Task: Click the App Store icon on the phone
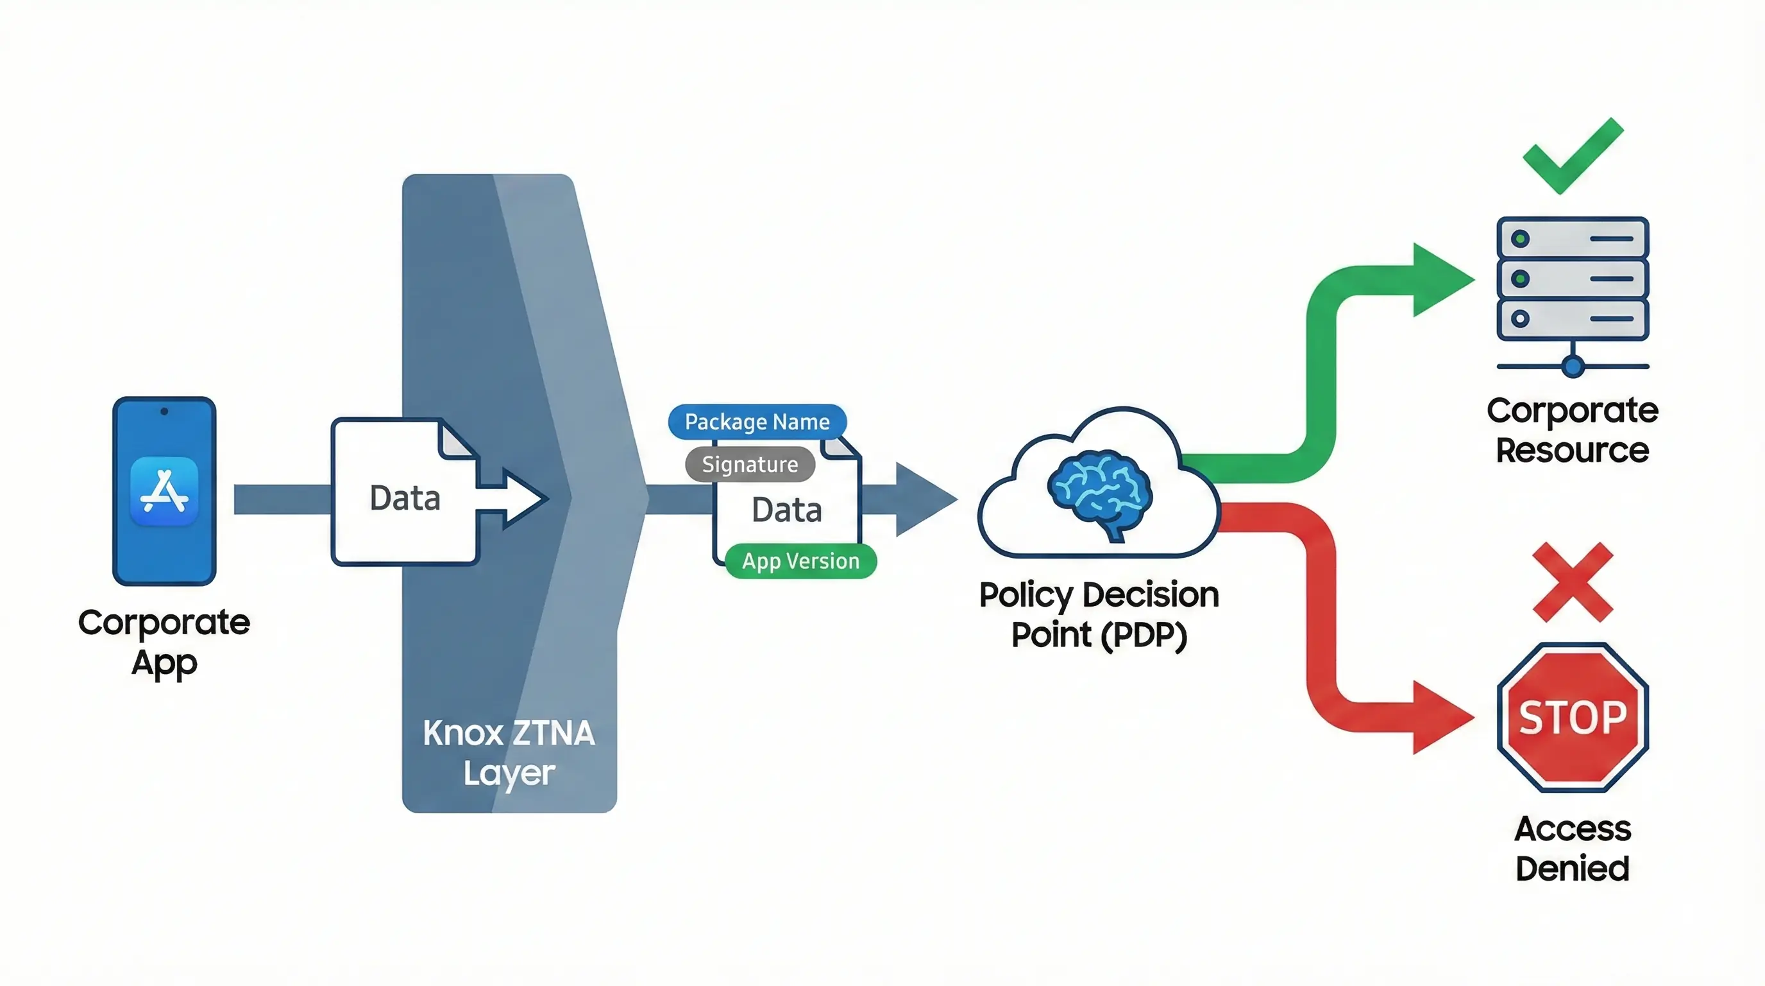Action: tap(164, 492)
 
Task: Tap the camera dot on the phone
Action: tap(164, 411)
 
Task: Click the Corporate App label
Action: tap(164, 643)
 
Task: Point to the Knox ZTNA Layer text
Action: tap(509, 753)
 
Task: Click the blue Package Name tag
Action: tap(757, 422)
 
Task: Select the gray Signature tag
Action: tap(750, 465)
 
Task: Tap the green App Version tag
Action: tap(800, 562)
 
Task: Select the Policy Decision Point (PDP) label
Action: tap(1099, 614)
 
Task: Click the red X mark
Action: tap(1573, 582)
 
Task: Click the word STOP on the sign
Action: tap(1573, 717)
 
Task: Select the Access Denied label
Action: tap(1573, 848)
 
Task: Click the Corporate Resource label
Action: tap(1573, 430)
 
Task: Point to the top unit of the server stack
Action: tap(1573, 239)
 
